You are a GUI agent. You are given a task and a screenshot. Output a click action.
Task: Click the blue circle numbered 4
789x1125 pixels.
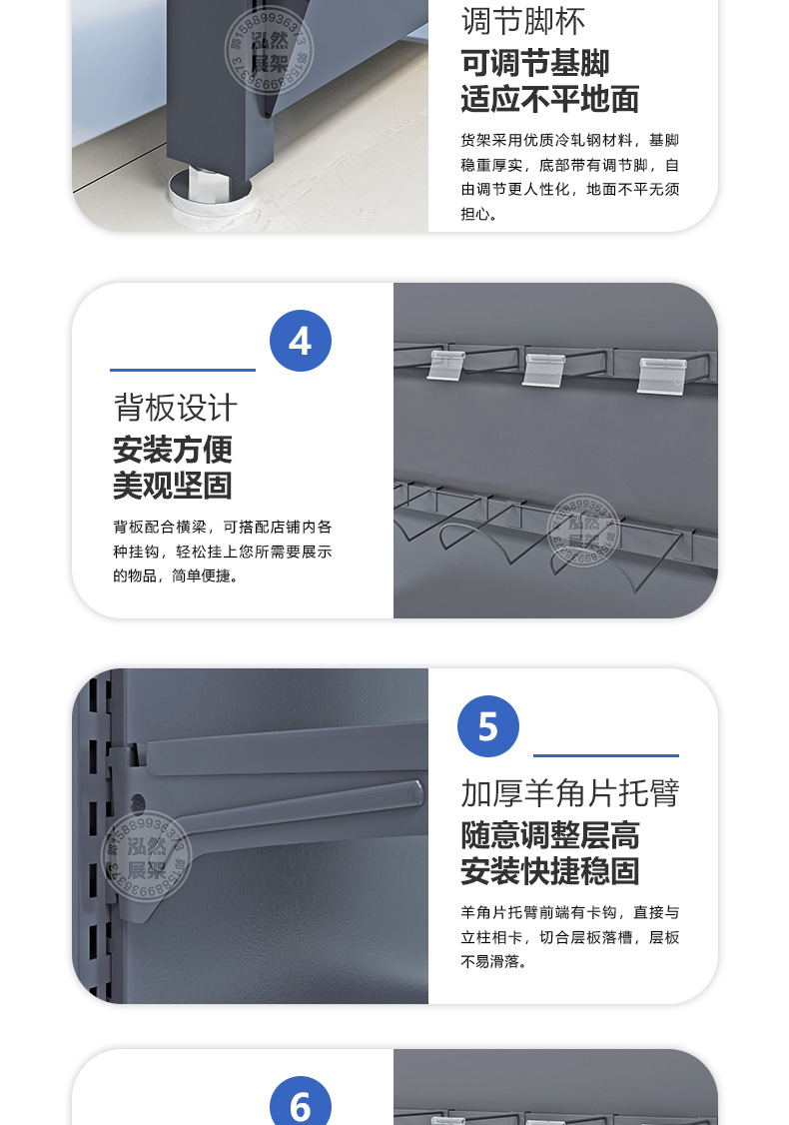point(300,341)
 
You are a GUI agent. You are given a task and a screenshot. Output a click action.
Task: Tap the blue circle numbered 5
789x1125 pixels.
point(487,726)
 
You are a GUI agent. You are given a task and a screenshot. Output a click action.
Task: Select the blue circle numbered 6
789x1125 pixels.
point(300,1105)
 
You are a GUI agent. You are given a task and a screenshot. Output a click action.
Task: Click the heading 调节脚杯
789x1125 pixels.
point(523,21)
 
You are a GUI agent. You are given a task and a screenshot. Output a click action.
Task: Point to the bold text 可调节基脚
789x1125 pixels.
point(534,63)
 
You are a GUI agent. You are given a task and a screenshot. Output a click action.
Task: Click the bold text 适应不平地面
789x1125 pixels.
point(549,100)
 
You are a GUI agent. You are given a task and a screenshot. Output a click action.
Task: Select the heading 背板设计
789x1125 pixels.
point(175,408)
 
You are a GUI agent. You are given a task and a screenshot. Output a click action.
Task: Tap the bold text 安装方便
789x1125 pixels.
point(172,450)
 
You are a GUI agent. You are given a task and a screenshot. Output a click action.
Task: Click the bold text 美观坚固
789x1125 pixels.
point(172,486)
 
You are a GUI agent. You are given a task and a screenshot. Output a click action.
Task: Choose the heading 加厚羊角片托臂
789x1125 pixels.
point(569,792)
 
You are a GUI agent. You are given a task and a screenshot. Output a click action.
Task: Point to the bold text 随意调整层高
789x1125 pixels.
point(549,834)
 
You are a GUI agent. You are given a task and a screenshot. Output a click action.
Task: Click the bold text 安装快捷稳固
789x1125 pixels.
point(549,870)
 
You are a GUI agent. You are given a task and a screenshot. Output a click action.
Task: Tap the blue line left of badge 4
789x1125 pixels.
point(183,370)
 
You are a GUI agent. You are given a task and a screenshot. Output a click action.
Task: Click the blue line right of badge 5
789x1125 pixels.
point(605,755)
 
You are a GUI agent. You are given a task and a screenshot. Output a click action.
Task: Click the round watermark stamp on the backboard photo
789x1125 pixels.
point(584,530)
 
